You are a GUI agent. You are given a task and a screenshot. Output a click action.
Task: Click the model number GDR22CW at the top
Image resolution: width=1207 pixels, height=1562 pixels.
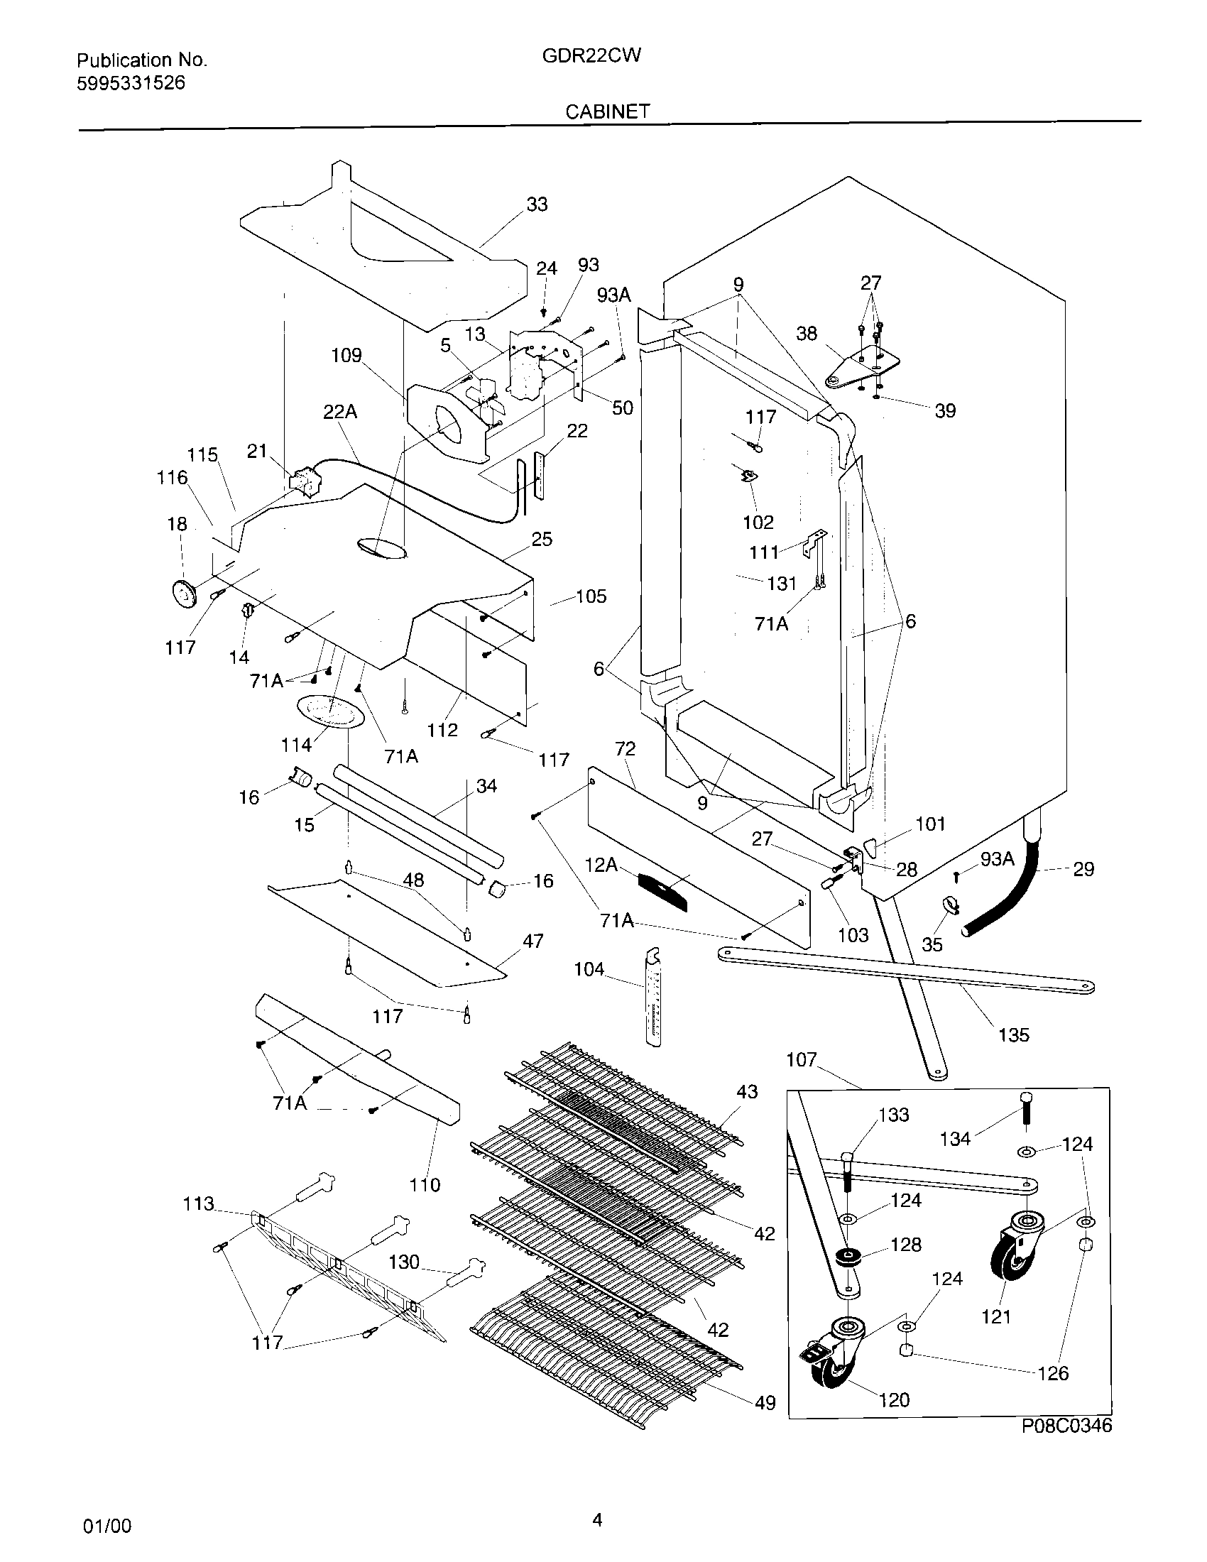pos(591,56)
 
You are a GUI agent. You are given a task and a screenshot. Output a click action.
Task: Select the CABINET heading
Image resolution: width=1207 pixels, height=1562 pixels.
pos(607,111)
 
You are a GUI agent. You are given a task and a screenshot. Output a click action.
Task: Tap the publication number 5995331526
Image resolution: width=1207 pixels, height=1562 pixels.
pos(130,83)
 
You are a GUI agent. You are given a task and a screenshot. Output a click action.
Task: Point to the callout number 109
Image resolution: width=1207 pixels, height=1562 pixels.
pos(346,355)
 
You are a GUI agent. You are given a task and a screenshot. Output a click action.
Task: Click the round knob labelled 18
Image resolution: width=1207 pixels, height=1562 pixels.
pos(186,595)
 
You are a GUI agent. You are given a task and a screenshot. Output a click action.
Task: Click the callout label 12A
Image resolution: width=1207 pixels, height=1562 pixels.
pos(601,865)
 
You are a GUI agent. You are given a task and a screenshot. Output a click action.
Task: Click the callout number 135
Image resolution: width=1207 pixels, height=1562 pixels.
pos(1013,1034)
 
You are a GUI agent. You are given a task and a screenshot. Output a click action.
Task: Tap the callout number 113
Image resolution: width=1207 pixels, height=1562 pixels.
pos(198,1204)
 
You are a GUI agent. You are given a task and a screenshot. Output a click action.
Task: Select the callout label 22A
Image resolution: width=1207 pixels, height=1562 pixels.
pos(340,412)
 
